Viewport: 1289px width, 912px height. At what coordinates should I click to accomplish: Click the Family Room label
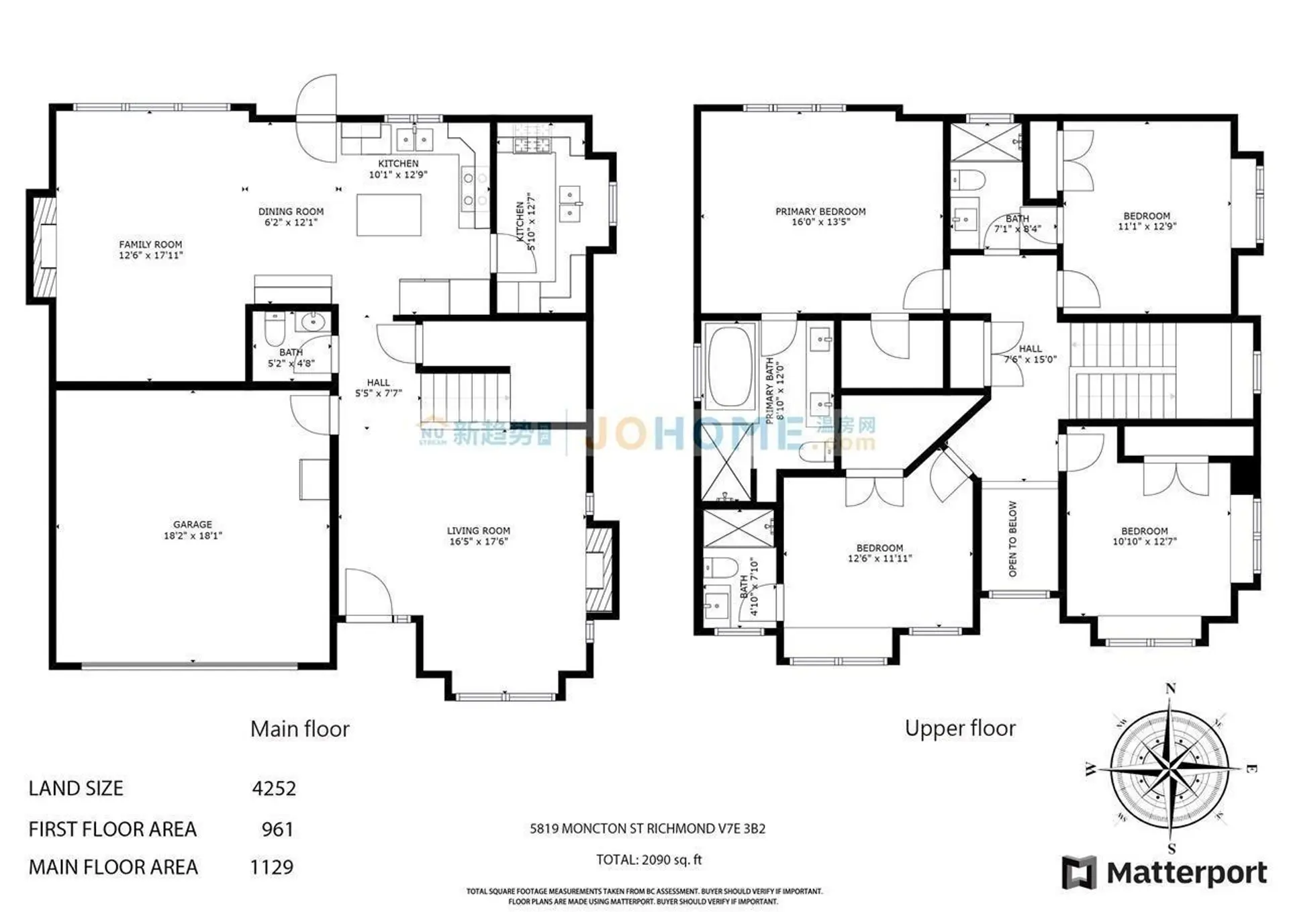point(150,244)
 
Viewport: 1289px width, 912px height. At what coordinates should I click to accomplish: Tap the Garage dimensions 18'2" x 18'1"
point(193,536)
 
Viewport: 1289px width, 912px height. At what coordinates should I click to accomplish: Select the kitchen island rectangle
point(389,215)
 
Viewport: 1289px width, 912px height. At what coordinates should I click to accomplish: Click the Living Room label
point(478,531)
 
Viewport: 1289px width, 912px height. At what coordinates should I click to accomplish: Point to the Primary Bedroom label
point(820,212)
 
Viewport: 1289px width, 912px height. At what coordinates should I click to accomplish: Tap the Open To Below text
point(1013,539)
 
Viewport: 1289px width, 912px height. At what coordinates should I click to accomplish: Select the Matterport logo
point(1164,873)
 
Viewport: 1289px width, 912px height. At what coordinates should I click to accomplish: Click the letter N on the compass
point(1171,688)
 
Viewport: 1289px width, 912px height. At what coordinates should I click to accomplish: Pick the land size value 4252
point(274,788)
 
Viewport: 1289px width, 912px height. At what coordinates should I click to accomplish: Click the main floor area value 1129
point(272,868)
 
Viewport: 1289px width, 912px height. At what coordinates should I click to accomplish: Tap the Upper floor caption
point(960,729)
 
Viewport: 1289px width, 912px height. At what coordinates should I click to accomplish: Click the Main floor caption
point(299,729)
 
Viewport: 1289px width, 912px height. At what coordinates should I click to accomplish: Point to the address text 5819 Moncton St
point(647,829)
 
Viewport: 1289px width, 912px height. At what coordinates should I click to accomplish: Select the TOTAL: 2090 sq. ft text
point(649,860)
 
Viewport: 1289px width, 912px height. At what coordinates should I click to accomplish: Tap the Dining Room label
point(291,212)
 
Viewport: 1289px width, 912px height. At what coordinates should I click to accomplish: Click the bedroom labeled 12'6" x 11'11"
point(879,553)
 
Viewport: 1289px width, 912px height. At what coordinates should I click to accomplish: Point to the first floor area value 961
point(277,829)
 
